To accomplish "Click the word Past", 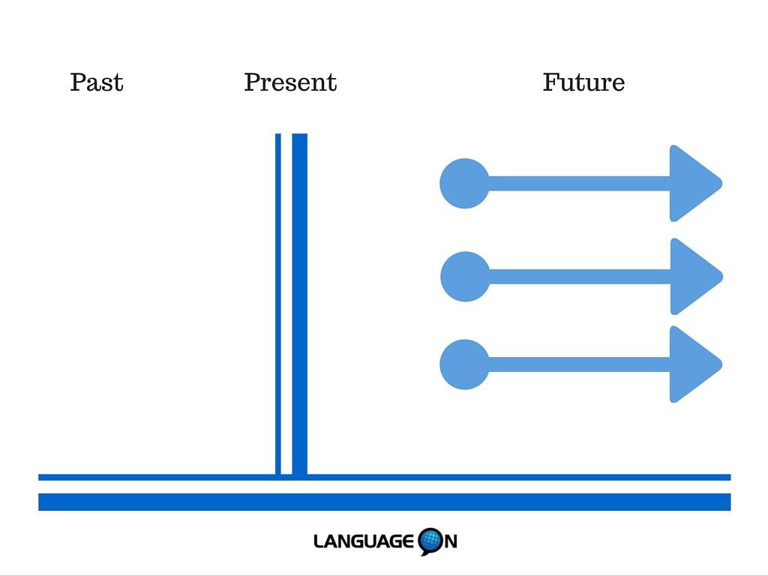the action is (x=97, y=82).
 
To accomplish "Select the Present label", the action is (x=290, y=82).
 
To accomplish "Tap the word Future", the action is (x=583, y=82).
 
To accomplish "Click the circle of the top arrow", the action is (x=464, y=184).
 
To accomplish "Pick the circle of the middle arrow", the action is (x=465, y=277).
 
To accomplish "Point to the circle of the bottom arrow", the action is (x=464, y=364).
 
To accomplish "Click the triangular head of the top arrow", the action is (x=693, y=184).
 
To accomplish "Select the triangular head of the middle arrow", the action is (x=694, y=277).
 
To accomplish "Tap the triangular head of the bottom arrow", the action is (x=693, y=364).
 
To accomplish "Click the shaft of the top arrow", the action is (x=580, y=184).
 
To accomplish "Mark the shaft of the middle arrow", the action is (x=580, y=277).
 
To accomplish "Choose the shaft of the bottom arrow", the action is (x=580, y=364).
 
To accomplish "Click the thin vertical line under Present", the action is (x=278, y=304).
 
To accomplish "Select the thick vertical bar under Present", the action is (x=300, y=304).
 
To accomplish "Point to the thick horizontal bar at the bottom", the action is (x=385, y=502).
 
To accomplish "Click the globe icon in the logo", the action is (x=430, y=541).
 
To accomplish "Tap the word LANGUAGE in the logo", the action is (x=364, y=541).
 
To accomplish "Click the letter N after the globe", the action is (x=451, y=541).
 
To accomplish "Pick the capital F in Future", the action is (x=551, y=82).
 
